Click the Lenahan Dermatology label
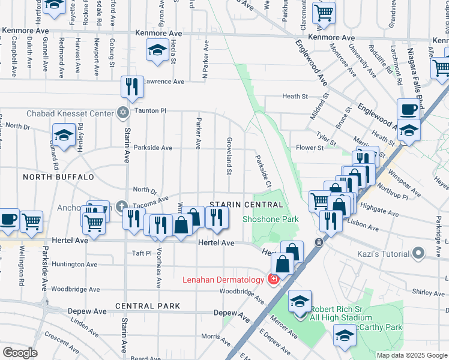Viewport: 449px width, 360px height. pos(224,280)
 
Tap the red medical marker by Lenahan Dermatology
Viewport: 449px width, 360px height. pos(273,280)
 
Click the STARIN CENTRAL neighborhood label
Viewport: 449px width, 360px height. pos(246,205)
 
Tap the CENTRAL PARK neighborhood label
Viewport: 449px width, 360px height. pos(148,306)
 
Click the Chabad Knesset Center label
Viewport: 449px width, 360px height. pos(70,113)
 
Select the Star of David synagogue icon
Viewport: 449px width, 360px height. pos(124,112)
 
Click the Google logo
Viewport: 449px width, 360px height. pos(20,353)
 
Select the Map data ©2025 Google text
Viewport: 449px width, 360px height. pos(412,355)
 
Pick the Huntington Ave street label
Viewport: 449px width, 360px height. pos(74,264)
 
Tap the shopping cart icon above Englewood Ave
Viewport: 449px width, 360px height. pos(324,12)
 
